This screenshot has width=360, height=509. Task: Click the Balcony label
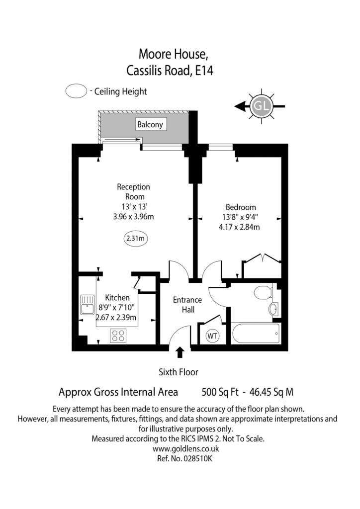point(150,124)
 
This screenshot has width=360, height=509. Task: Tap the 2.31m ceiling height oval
point(135,239)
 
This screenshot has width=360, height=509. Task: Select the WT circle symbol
point(212,336)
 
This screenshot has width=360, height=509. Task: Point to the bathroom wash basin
point(273,309)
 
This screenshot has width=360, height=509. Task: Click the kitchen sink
point(88,305)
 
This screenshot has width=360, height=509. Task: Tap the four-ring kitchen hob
point(118,336)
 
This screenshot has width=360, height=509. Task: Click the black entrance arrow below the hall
point(180,352)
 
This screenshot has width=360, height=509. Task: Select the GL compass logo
point(262,106)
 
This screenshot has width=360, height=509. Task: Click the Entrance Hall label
point(187,305)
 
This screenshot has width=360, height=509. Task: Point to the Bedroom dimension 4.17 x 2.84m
point(239,227)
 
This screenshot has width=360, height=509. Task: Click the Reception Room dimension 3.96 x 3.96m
point(133,217)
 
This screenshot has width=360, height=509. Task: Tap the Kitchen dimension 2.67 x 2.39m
point(116,317)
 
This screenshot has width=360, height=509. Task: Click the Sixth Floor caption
point(178,372)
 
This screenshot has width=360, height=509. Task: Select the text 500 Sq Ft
point(220,392)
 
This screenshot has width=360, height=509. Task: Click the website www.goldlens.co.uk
point(185,449)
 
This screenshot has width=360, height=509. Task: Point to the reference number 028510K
point(198,459)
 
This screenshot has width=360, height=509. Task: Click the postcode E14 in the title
point(204,71)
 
